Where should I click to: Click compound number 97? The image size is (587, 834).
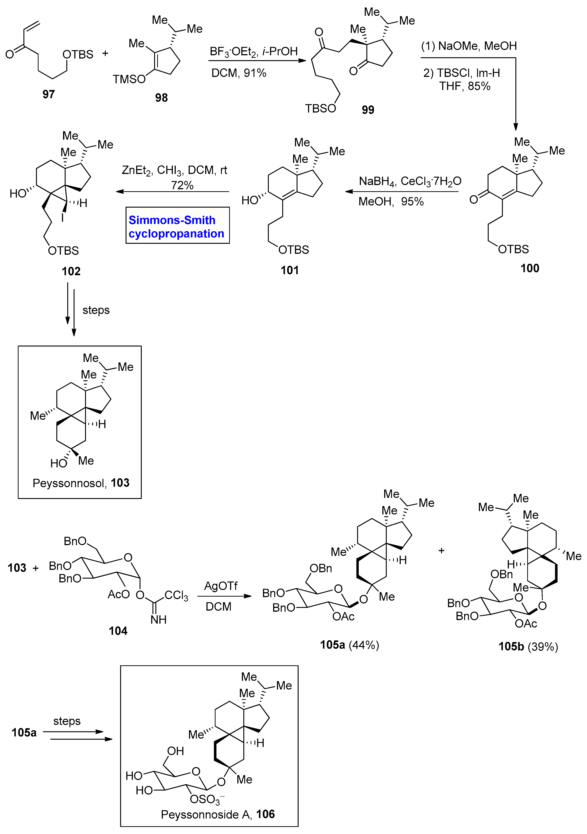click(48, 94)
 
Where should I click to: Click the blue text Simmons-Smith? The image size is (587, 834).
click(172, 220)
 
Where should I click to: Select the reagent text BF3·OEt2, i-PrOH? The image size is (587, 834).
click(254, 52)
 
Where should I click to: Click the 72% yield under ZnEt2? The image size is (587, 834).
click(182, 185)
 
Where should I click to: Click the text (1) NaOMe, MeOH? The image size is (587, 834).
click(469, 46)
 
